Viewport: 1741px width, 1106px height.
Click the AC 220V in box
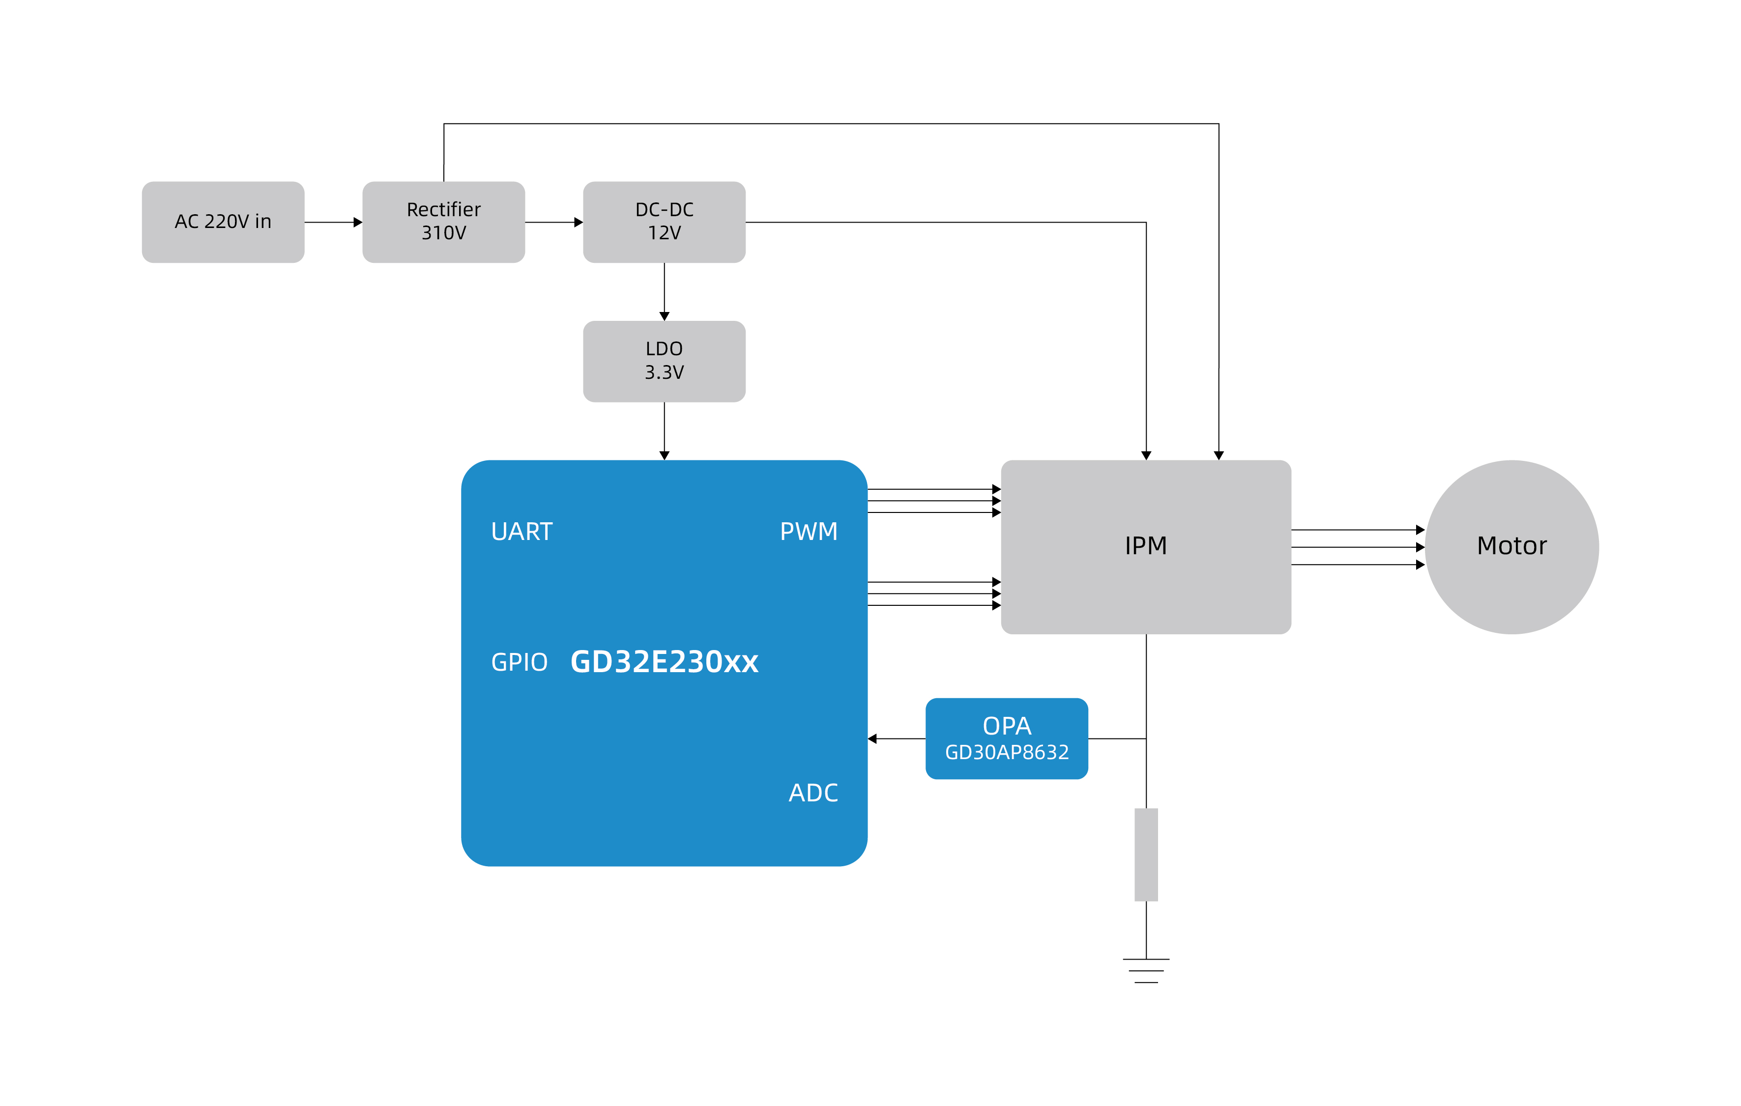tap(223, 222)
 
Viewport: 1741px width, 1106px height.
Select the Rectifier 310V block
tap(443, 222)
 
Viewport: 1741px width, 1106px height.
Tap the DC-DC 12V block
tap(664, 222)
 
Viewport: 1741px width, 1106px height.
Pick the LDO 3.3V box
tap(664, 361)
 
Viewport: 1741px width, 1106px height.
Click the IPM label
tap(1145, 546)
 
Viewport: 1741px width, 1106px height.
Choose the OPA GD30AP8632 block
tap(1007, 738)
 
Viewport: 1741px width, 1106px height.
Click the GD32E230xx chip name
tap(664, 661)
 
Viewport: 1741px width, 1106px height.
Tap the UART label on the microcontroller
tap(522, 531)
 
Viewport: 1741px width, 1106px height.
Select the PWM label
tap(808, 531)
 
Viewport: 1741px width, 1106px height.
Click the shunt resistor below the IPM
tap(1146, 854)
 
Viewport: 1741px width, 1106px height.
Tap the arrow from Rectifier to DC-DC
tap(554, 222)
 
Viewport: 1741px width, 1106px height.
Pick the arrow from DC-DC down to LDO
tap(664, 291)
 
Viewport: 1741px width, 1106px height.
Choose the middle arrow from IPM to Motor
tap(1357, 547)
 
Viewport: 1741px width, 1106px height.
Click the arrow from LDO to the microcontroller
tap(664, 431)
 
